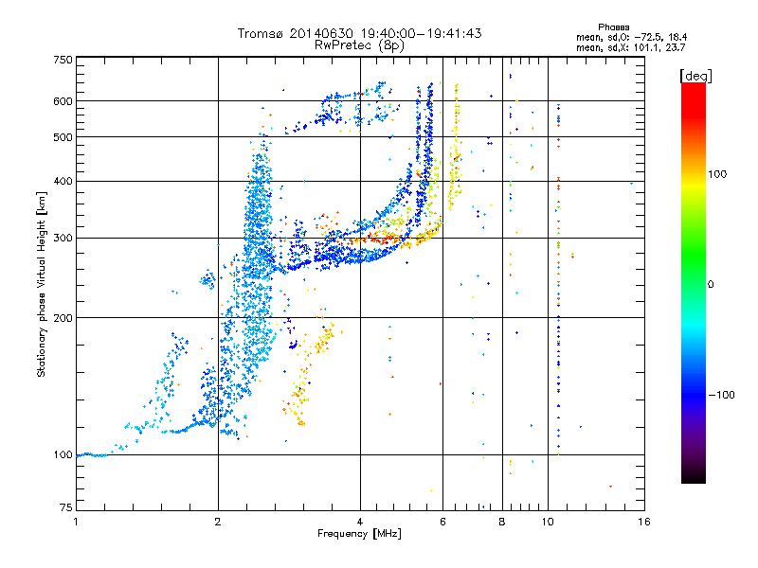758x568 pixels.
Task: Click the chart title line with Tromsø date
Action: [x=359, y=33]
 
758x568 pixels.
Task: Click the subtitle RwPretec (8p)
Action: [x=359, y=44]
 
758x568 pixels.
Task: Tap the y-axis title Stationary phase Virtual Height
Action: [x=42, y=284]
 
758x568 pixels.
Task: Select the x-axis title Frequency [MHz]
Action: [x=359, y=534]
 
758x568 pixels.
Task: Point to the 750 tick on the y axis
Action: [x=63, y=60]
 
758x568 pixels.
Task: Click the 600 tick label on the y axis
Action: [x=63, y=100]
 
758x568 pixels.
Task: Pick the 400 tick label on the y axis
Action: [x=63, y=181]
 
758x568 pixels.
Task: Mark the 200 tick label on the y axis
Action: [x=63, y=317]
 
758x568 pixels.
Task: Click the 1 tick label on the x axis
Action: [x=77, y=521]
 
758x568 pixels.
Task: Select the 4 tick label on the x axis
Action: [x=360, y=521]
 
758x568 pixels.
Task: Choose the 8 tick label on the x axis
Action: [x=501, y=521]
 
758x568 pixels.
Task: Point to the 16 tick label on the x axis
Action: [x=642, y=521]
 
